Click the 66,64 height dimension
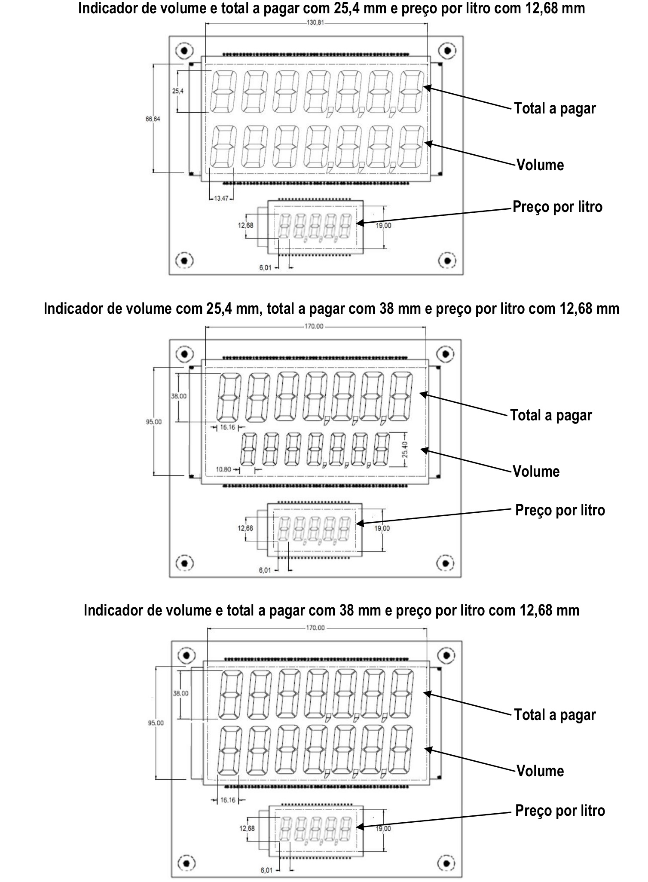153,119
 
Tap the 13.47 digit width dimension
221,198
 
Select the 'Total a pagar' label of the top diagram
555,108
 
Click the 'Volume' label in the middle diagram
536,472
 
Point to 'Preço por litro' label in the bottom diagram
560,811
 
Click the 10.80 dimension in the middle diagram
224,469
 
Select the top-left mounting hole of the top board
184,51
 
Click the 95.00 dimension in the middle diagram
154,422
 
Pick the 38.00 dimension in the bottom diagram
180,693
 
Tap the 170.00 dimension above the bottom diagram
315,628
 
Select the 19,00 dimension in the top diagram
383,226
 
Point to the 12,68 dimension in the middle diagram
246,528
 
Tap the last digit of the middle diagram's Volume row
381,450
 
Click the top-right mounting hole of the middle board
446,354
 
